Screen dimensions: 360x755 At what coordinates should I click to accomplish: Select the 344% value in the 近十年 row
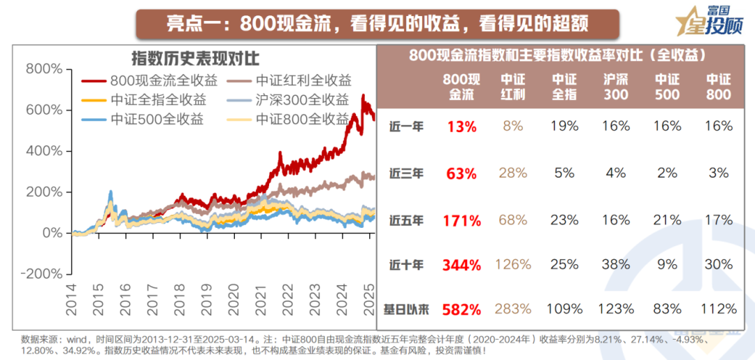tap(461, 266)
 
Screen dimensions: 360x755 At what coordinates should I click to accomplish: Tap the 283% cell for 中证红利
tap(513, 309)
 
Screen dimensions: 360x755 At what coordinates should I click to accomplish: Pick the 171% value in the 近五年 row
tap(461, 221)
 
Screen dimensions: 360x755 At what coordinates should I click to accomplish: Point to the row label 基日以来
tap(406, 309)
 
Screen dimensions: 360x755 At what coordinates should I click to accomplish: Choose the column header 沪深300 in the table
tap(616, 87)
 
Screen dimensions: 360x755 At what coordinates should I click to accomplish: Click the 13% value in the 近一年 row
tap(461, 127)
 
